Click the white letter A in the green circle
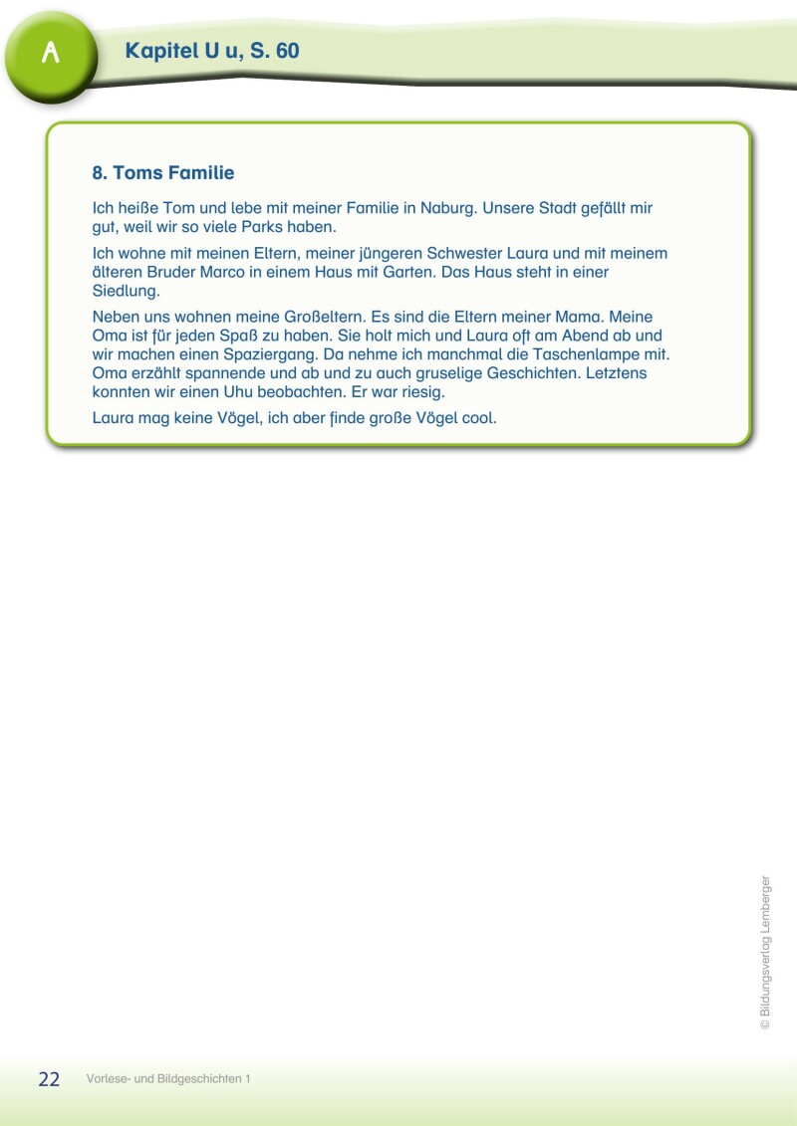pyautogui.click(x=51, y=54)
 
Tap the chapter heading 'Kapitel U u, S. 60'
pyautogui.click(x=212, y=51)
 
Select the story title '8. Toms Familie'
pyautogui.click(x=163, y=173)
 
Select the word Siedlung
pyautogui.click(x=126, y=290)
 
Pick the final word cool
pyautogui.click(x=479, y=418)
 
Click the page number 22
pyautogui.click(x=49, y=1079)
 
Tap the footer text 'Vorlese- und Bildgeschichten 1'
pyautogui.click(x=167, y=1079)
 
